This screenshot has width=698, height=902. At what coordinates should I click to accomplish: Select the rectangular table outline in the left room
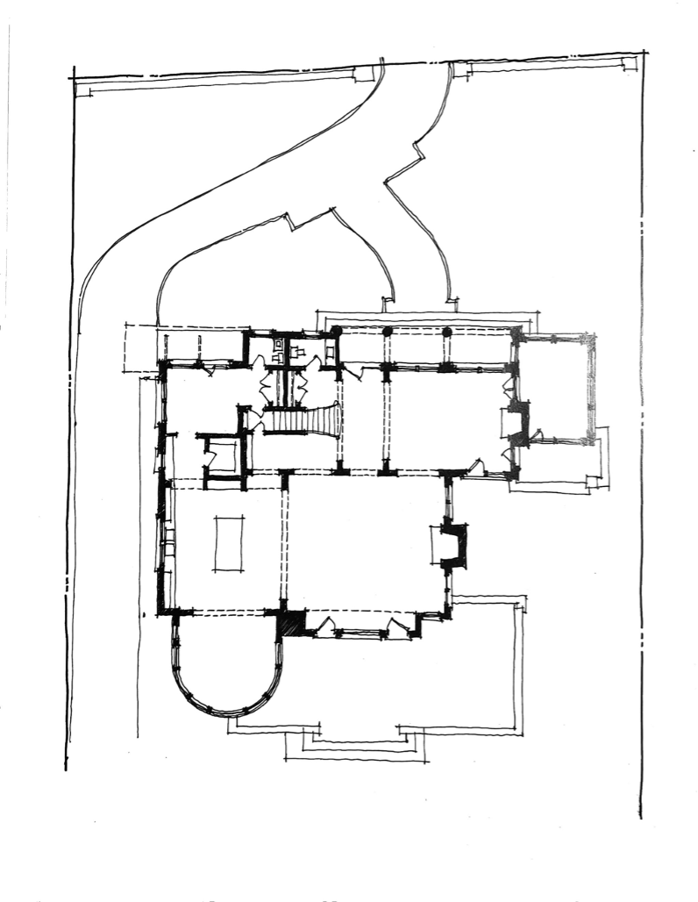[x=229, y=544]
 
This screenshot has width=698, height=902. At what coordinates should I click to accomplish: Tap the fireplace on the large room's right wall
[x=452, y=545]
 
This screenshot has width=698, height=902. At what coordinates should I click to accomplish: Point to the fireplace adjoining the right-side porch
[x=518, y=423]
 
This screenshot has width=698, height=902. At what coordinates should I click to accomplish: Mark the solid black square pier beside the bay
[x=292, y=623]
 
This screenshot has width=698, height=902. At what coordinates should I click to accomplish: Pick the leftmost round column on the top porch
[x=336, y=331]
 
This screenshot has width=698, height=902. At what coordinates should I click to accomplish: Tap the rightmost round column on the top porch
[x=446, y=332]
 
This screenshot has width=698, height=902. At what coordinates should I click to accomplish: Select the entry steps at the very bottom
[x=355, y=746]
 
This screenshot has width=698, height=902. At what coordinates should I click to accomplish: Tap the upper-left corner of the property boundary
[x=73, y=78]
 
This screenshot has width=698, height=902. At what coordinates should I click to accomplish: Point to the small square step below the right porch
[x=596, y=482]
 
